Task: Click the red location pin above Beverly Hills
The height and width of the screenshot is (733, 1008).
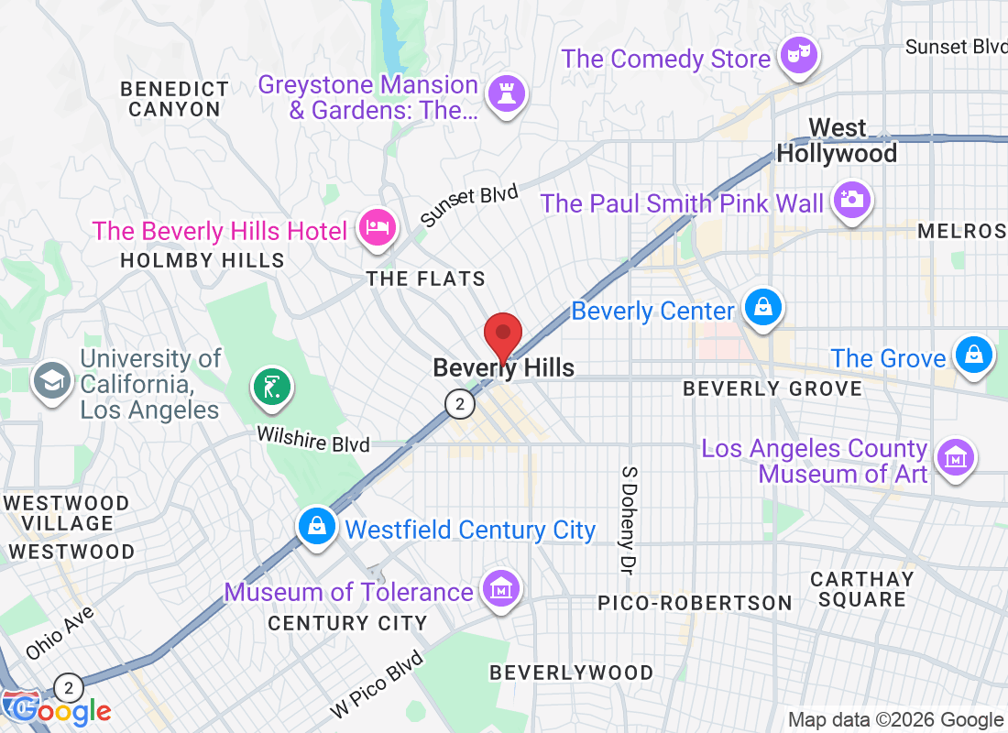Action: coord(502,334)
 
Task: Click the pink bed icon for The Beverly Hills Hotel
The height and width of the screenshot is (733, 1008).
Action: coord(377,228)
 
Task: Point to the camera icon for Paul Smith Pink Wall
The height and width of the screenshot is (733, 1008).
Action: coord(852,200)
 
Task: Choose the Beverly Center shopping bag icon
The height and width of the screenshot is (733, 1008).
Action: coord(762,308)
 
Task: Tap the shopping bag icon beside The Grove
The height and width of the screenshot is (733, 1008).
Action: coord(973,355)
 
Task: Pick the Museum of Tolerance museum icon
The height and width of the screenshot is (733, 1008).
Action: coord(501,588)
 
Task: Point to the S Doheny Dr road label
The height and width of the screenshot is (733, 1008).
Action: coord(628,520)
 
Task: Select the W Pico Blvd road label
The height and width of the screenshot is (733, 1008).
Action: coord(378,684)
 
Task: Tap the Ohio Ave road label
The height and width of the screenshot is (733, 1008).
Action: coord(60,633)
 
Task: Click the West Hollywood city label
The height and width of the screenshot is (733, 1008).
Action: coord(837,140)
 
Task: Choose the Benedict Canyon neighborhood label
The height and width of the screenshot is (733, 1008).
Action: coord(174,99)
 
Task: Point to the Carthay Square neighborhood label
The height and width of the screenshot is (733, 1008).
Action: coord(861,589)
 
